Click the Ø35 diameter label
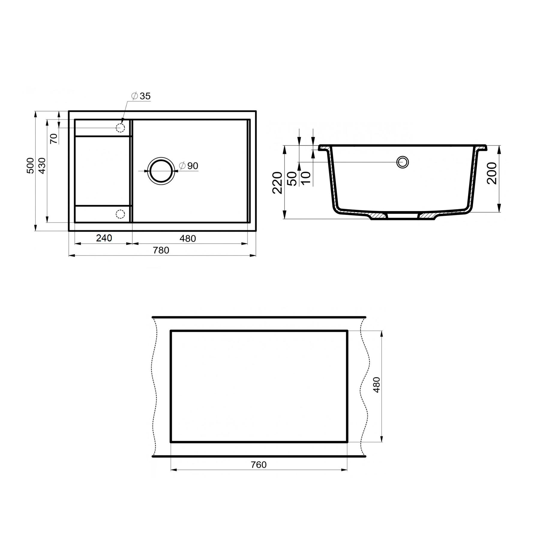(x=141, y=96)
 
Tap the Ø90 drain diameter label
(x=189, y=166)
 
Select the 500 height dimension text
(x=31, y=166)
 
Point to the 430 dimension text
(x=42, y=166)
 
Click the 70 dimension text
(x=54, y=139)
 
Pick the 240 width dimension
(x=104, y=238)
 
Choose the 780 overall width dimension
(x=161, y=250)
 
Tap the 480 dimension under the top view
(x=188, y=238)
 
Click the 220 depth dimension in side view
(x=277, y=183)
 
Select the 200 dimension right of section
(x=492, y=173)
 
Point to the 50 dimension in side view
(x=292, y=178)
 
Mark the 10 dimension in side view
(x=306, y=178)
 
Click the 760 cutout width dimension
(x=259, y=465)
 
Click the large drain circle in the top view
(x=161, y=171)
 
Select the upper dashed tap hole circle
(x=120, y=128)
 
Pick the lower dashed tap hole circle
(x=120, y=214)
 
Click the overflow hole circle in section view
(x=403, y=162)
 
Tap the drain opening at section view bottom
(x=403, y=216)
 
